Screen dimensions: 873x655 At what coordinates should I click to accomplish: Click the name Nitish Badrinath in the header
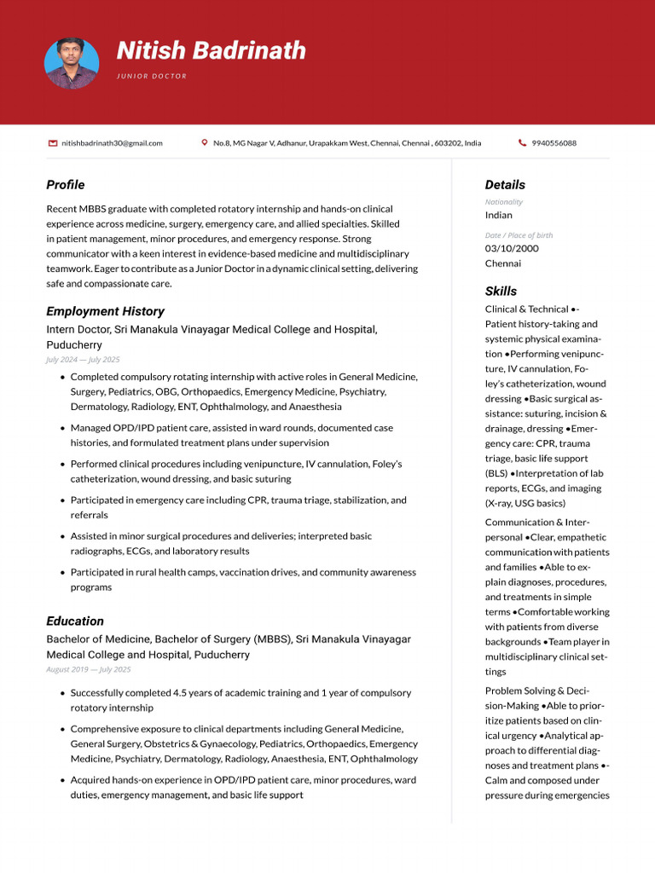pyautogui.click(x=211, y=51)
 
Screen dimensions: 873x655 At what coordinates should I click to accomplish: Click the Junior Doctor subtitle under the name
pyautogui.click(x=152, y=77)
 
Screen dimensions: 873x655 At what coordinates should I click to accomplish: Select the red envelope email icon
pyautogui.click(x=53, y=143)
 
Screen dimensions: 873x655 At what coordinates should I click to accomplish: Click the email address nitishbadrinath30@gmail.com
pyautogui.click(x=112, y=143)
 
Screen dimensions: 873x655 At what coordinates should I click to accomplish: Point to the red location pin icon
pyautogui.click(x=205, y=143)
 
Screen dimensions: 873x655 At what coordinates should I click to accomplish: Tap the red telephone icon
pyautogui.click(x=522, y=143)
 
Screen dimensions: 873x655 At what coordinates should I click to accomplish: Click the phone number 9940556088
pyautogui.click(x=554, y=143)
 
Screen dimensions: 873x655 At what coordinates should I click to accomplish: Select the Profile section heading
pyautogui.click(x=66, y=185)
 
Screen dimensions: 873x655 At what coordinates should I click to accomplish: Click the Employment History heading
pyautogui.click(x=105, y=311)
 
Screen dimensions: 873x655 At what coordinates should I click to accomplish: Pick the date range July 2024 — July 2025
pyautogui.click(x=83, y=360)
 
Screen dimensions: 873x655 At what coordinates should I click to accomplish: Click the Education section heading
pyautogui.click(x=75, y=622)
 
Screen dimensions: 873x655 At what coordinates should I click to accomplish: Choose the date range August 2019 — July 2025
pyautogui.click(x=89, y=669)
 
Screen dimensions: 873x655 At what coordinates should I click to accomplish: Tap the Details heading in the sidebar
pyautogui.click(x=505, y=185)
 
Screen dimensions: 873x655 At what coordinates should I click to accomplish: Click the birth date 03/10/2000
pyautogui.click(x=512, y=248)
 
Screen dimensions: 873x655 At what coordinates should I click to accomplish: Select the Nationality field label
pyautogui.click(x=504, y=202)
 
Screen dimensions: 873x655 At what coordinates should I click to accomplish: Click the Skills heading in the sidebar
pyautogui.click(x=501, y=291)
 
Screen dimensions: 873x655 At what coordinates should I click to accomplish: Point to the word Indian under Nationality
pyautogui.click(x=499, y=215)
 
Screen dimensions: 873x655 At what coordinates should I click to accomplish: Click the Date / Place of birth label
pyautogui.click(x=519, y=235)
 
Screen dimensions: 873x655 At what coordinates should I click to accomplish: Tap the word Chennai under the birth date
pyautogui.click(x=503, y=263)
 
